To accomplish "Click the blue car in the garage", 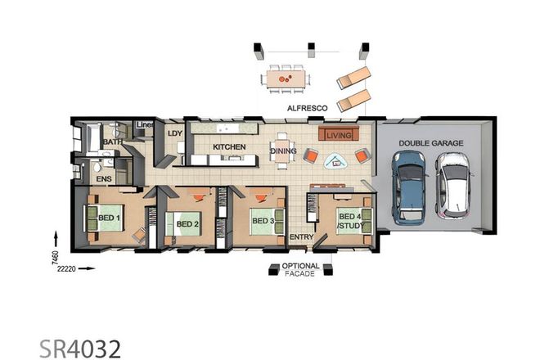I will coord(409,187).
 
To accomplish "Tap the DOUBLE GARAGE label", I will coord(431,143).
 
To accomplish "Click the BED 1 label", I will coord(110,218).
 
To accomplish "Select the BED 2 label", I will coord(187,223).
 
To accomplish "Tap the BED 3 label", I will coord(262,221).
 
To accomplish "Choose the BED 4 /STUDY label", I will coord(350,220).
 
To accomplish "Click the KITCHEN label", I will coord(229,147).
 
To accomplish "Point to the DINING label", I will coord(283,151).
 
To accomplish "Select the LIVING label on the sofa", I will coord(337,134).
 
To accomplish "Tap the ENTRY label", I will coord(300,238).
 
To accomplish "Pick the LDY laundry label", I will coord(175,133).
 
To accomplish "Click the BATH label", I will coord(112,142).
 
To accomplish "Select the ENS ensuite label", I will coord(104,177).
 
